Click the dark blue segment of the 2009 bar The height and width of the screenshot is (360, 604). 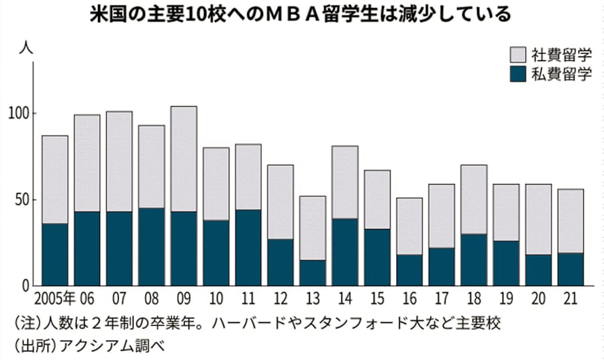(184, 249)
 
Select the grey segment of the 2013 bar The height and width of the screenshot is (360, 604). (313, 228)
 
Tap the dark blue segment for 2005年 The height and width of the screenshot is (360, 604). (55, 254)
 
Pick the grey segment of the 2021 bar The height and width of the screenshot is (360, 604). (570, 221)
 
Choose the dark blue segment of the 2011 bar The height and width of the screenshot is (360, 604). (248, 247)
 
